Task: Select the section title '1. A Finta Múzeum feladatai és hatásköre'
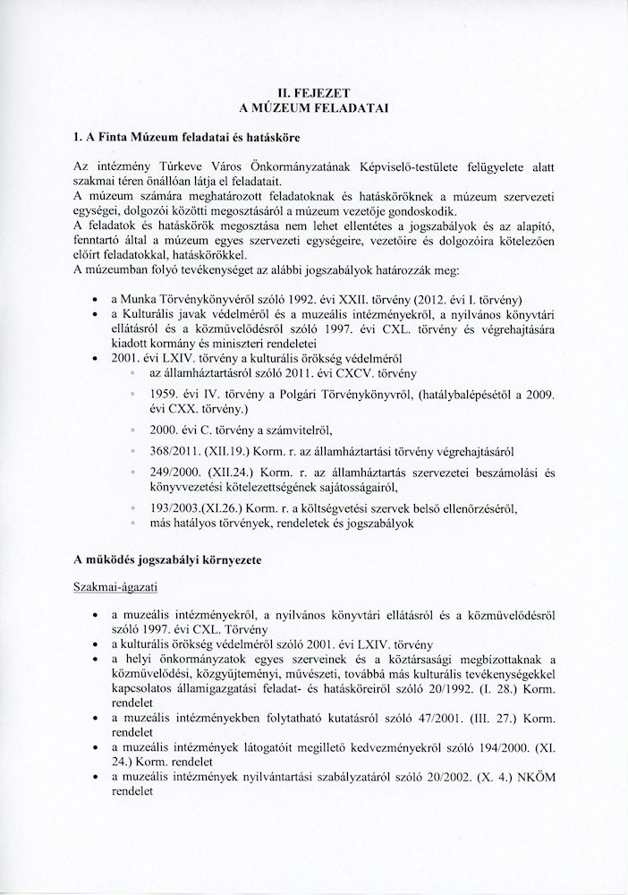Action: (186, 139)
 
